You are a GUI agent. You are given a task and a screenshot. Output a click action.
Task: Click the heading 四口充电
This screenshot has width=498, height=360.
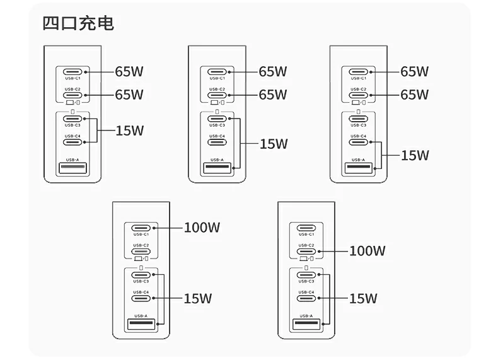click(x=78, y=24)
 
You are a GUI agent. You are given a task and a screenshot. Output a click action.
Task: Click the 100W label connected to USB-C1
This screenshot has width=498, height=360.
click(x=202, y=227)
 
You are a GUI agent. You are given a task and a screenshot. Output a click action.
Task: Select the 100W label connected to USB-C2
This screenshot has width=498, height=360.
click(x=367, y=251)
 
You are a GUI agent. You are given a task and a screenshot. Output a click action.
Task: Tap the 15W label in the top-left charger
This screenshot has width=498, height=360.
click(x=129, y=131)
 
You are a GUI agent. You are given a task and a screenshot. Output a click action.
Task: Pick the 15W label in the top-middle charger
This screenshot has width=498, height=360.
click(x=274, y=144)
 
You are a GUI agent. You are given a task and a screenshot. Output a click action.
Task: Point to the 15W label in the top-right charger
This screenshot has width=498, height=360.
click(x=415, y=155)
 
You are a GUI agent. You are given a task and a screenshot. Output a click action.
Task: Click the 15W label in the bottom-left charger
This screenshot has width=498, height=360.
click(x=197, y=299)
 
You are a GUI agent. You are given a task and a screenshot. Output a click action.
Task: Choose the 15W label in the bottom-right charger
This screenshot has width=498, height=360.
click(x=362, y=299)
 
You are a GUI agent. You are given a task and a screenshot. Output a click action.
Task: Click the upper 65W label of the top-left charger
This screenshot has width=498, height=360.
click(x=129, y=71)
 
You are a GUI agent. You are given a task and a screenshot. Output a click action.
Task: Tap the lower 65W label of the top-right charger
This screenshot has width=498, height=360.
click(x=415, y=95)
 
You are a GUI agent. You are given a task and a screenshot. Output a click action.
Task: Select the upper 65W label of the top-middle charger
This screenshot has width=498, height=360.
click(x=273, y=71)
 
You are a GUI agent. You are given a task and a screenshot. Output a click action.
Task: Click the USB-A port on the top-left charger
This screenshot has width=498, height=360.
click(x=72, y=168)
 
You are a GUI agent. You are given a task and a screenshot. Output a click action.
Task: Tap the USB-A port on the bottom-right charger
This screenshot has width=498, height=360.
click(x=306, y=325)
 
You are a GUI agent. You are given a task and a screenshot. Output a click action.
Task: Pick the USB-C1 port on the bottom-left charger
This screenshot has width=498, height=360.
click(x=141, y=228)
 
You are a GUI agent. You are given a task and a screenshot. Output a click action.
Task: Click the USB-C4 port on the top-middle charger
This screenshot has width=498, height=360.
click(x=217, y=142)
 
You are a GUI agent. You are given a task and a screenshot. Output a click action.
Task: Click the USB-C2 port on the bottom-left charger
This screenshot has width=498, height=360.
click(x=141, y=252)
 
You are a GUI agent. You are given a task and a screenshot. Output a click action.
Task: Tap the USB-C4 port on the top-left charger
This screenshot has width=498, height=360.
click(x=72, y=142)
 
